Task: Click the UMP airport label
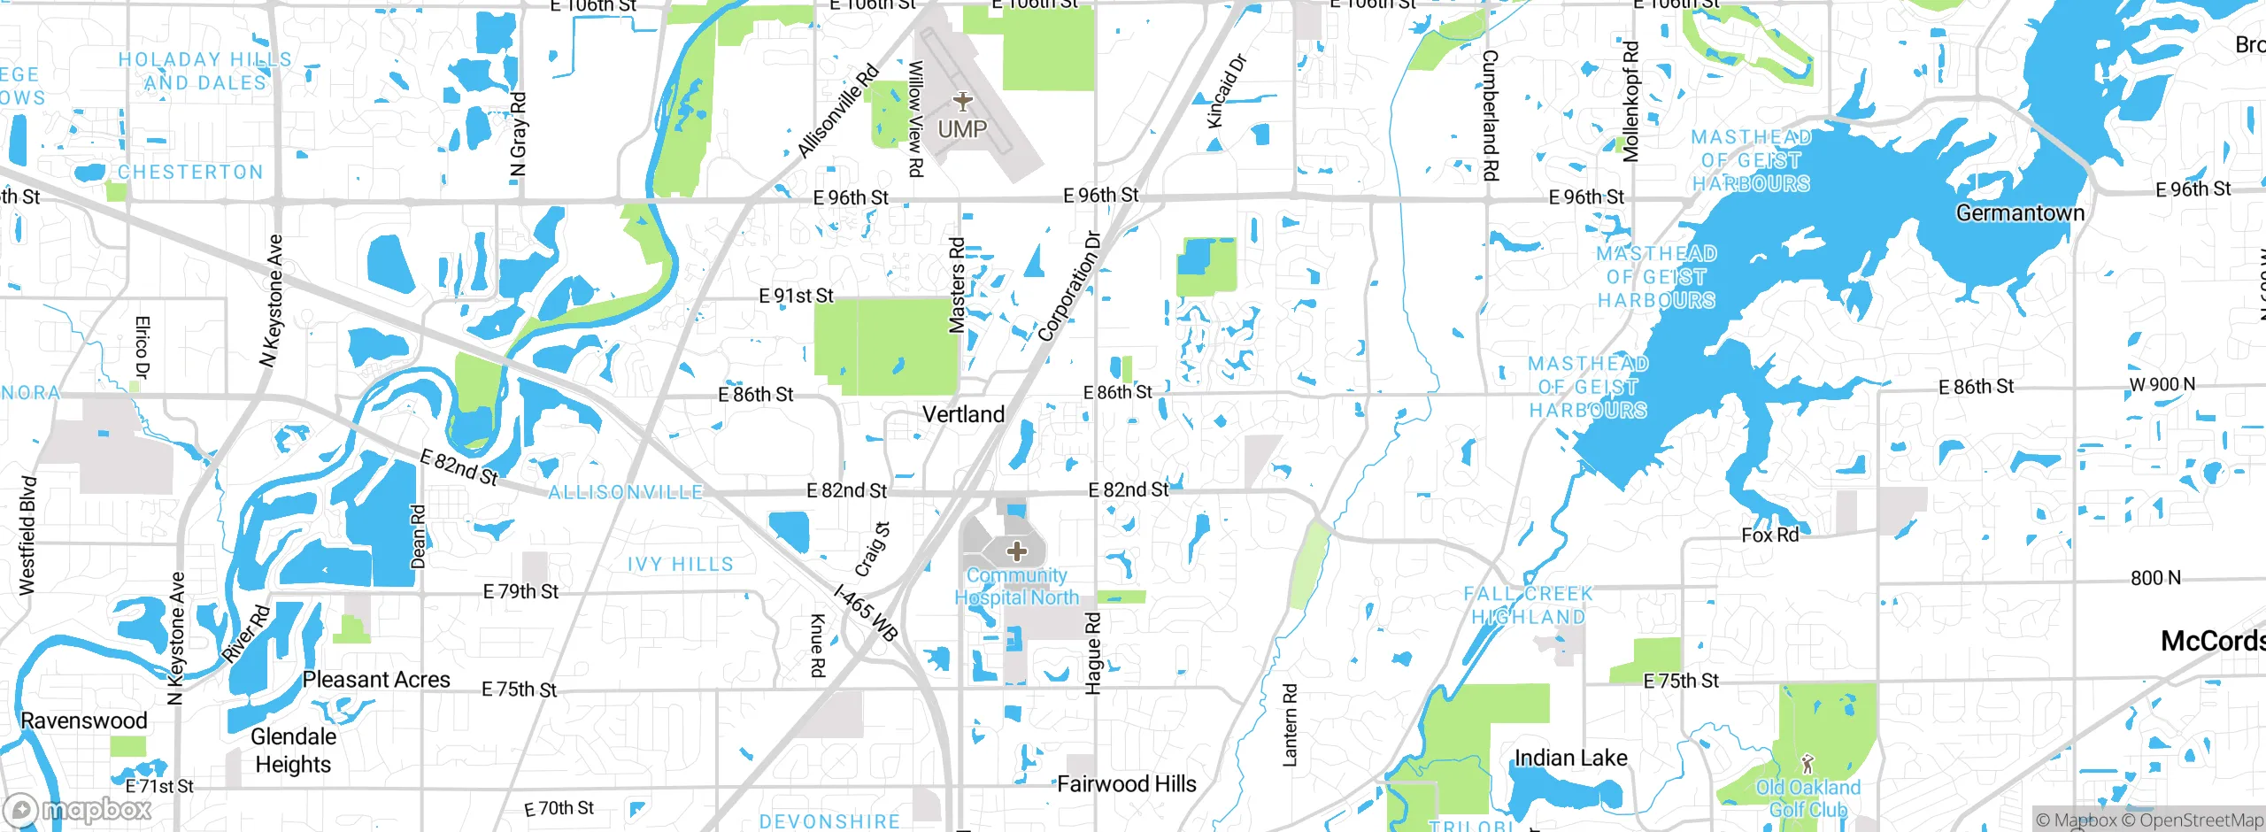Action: pyautogui.click(x=962, y=129)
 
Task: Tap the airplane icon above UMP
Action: pyautogui.click(x=963, y=101)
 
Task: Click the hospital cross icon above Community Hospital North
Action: pyautogui.click(x=1017, y=551)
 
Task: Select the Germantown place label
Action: pyautogui.click(x=2020, y=213)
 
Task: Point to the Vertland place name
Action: pyautogui.click(x=963, y=414)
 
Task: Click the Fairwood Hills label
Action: pyautogui.click(x=1126, y=784)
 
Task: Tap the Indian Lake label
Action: pyautogui.click(x=1570, y=758)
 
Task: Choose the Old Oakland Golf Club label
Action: pyautogui.click(x=1807, y=798)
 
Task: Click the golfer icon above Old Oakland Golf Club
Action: pyautogui.click(x=1807, y=763)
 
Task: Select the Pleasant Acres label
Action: pyautogui.click(x=376, y=680)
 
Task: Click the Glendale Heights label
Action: pyautogui.click(x=293, y=751)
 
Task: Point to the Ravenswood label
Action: pyautogui.click(x=84, y=720)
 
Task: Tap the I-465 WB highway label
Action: pyautogui.click(x=867, y=612)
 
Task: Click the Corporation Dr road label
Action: pyautogui.click(x=1069, y=287)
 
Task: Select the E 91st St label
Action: pyautogui.click(x=796, y=296)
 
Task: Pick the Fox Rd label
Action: pyautogui.click(x=1769, y=535)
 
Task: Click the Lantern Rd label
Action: pyautogui.click(x=1290, y=724)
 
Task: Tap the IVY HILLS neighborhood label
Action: pyautogui.click(x=680, y=565)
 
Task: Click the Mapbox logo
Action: pyautogui.click(x=78, y=809)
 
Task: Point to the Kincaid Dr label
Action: pyautogui.click(x=1227, y=90)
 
